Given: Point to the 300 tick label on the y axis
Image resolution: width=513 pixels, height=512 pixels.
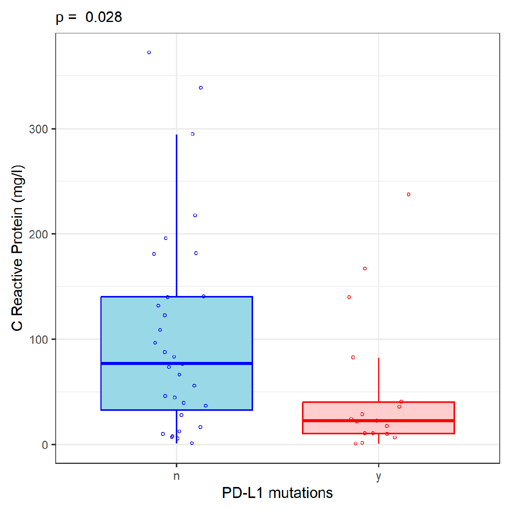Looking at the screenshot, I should tap(38, 129).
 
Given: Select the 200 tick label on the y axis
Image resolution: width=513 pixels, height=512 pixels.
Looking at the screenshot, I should tap(38, 234).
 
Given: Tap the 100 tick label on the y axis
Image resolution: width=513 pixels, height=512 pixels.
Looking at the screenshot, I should tap(38, 340).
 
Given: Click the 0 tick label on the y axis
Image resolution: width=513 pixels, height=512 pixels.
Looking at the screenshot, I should tap(45, 445).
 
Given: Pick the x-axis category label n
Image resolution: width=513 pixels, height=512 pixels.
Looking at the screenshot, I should tap(177, 476).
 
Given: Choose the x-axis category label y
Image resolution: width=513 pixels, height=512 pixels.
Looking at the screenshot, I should tap(378, 476).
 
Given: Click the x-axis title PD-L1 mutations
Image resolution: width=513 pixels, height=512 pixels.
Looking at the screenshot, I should tap(277, 493).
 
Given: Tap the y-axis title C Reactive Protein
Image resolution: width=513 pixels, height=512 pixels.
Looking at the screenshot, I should tap(17, 248).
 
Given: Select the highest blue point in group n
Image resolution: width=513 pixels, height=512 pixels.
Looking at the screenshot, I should tap(149, 53).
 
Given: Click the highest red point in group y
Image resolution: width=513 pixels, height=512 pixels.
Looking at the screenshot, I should tap(408, 194).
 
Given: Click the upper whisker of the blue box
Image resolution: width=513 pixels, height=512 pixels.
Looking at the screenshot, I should tap(177, 216).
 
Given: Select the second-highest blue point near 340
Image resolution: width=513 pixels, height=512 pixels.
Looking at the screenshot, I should tap(201, 88).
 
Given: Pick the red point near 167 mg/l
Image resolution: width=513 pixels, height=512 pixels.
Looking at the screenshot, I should tap(365, 269).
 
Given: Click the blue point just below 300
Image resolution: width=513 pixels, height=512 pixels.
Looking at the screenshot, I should tap(192, 134).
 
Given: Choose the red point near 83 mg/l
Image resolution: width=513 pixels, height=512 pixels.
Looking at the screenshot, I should tap(353, 357).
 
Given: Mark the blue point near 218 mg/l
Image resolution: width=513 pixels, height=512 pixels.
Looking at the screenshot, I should tap(195, 216).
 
